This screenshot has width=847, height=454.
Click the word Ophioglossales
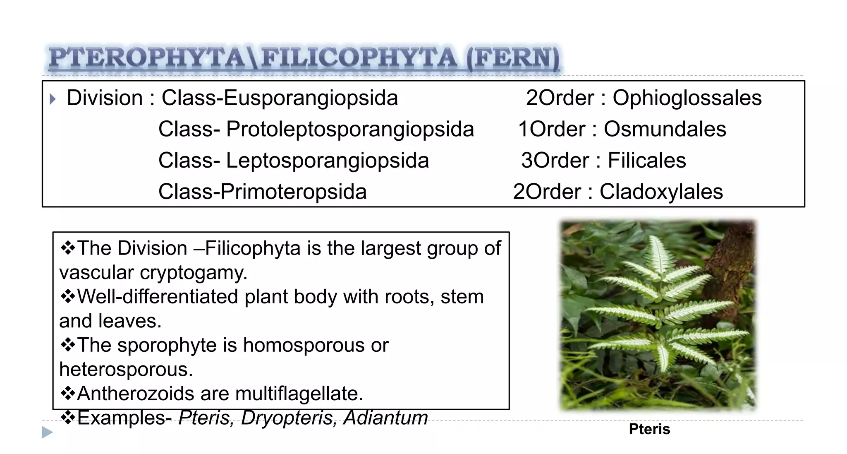687,98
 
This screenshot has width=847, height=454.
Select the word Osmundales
665,129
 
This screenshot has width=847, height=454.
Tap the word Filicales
647,161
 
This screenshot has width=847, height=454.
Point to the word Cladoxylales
661,192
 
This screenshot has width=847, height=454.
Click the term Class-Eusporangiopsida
280,98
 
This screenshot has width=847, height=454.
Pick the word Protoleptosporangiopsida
350,130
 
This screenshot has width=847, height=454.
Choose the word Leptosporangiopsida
327,161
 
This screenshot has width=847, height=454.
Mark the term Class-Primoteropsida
262,192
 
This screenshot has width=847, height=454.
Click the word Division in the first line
105,98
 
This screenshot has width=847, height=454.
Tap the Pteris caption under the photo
649,429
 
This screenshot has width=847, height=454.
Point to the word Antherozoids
136,394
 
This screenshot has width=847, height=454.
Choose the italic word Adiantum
385,418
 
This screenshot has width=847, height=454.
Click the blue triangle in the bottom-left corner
48,432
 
